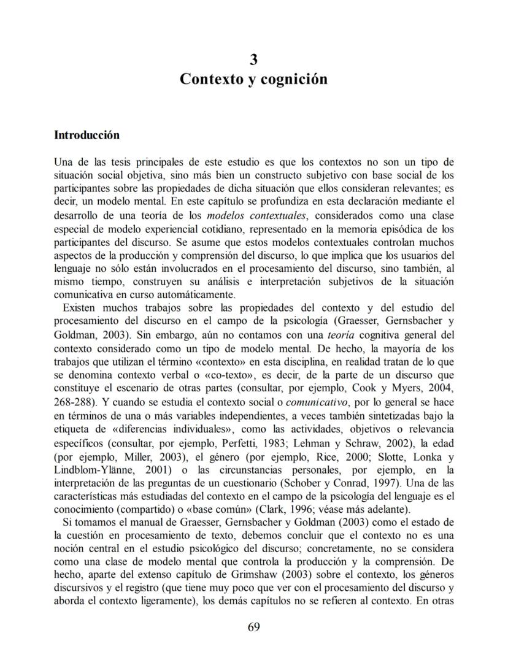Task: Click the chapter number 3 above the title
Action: (253, 60)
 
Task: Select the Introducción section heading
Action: (87, 135)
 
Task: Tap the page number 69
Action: (254, 626)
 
